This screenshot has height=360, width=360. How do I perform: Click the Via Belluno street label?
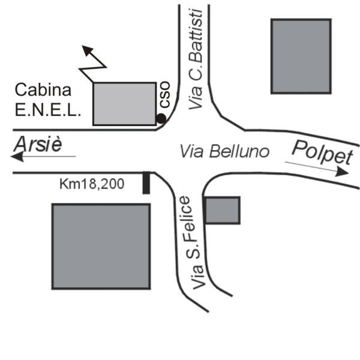(x=224, y=151)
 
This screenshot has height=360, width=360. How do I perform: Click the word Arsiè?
(x=38, y=143)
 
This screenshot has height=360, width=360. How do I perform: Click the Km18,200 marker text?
(x=92, y=184)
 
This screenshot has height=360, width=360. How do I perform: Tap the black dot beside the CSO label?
(x=161, y=118)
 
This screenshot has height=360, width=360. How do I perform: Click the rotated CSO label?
(x=163, y=97)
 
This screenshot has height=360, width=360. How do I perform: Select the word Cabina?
(x=43, y=91)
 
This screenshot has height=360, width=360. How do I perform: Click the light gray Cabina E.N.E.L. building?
(x=125, y=104)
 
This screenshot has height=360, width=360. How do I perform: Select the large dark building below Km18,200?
(x=100, y=246)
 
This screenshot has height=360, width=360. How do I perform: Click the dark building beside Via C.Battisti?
(x=301, y=56)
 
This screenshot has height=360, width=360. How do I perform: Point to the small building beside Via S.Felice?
(x=222, y=210)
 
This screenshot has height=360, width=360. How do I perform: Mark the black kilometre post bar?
(x=146, y=183)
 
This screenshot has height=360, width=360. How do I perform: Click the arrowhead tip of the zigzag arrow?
(x=84, y=47)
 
